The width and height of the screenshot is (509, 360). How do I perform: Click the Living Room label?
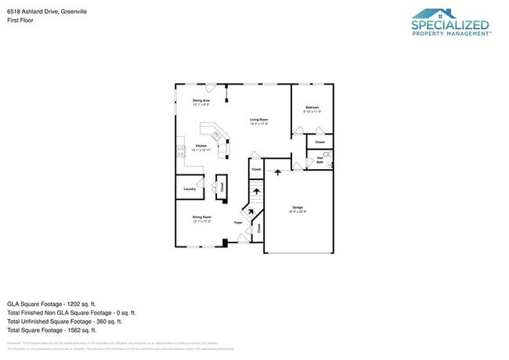pos(259,121)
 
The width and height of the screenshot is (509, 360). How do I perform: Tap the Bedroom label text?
pos(312,107)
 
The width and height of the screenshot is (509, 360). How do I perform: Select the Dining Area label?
pos(202,101)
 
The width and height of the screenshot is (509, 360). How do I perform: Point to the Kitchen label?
pos(201,146)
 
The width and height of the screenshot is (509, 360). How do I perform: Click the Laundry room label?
pos(189,189)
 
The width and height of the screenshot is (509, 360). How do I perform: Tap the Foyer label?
pos(238,223)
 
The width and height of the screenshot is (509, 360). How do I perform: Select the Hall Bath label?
pos(319,160)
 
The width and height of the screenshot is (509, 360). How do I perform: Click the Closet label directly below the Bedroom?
pos(319,142)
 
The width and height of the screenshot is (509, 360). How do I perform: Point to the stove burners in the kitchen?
pos(181,149)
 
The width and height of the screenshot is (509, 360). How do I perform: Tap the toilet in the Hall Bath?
pos(328,156)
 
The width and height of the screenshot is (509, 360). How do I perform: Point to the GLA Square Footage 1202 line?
pos(51,303)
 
